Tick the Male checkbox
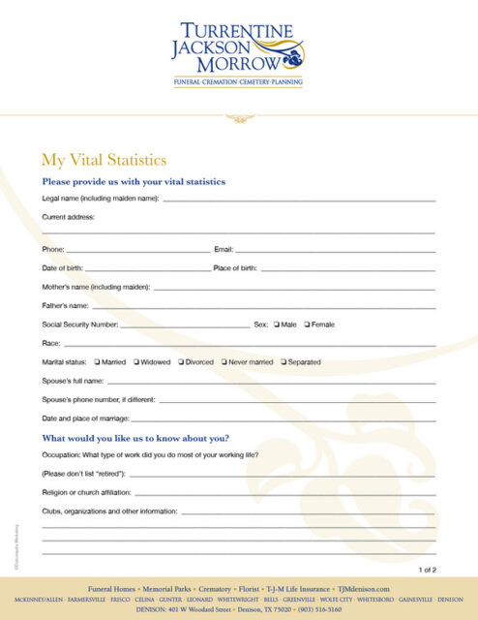point(277,325)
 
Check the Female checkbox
point(307,325)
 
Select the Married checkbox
point(97,362)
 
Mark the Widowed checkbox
point(136,362)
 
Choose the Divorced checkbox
point(181,362)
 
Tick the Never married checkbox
point(224,362)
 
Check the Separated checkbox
point(284,362)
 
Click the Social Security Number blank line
point(185,326)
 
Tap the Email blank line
point(335,251)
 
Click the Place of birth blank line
point(347,269)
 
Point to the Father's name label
point(65,305)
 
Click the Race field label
point(51,343)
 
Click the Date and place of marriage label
point(85,418)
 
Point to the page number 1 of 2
point(428,570)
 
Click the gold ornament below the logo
point(238,118)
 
